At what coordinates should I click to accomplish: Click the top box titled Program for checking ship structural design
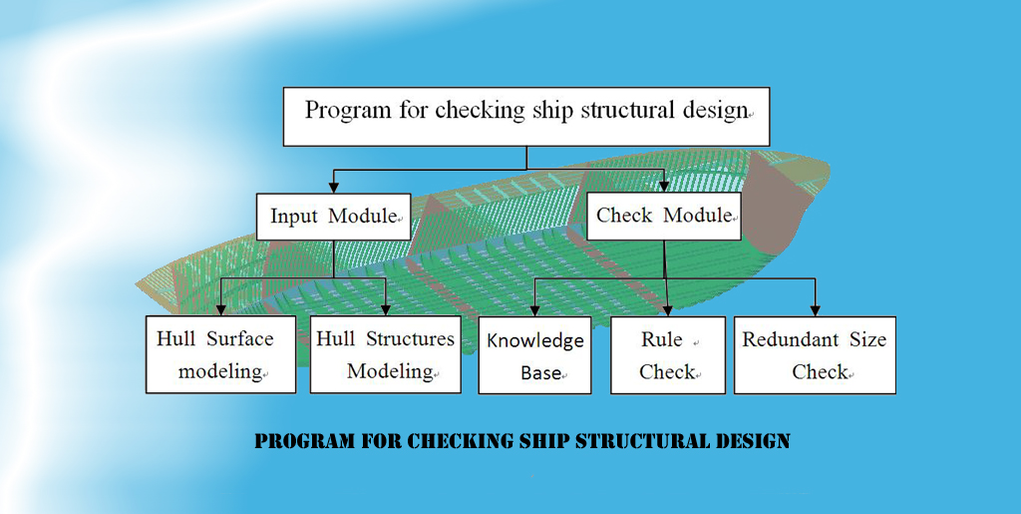tap(526, 117)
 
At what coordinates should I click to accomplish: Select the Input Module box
tap(333, 217)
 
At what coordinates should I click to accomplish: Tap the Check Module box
tap(664, 216)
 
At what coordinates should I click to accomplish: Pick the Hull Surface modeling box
tap(220, 354)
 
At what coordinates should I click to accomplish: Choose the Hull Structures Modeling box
tap(386, 354)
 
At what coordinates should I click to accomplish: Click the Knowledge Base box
tap(534, 355)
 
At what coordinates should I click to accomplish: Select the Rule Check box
tap(668, 355)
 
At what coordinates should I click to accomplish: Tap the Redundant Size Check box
tap(815, 355)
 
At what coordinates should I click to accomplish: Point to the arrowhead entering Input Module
tap(333, 187)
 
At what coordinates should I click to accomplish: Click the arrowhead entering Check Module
tap(664, 186)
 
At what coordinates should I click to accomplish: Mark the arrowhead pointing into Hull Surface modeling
tap(220, 309)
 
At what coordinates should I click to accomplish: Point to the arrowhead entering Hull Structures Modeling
tap(386, 309)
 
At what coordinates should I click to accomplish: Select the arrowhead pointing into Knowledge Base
tap(534, 310)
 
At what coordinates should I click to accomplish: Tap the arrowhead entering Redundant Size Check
tap(815, 310)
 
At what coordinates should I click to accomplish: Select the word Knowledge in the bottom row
tap(535, 340)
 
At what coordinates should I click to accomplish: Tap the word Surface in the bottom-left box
tap(240, 338)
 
